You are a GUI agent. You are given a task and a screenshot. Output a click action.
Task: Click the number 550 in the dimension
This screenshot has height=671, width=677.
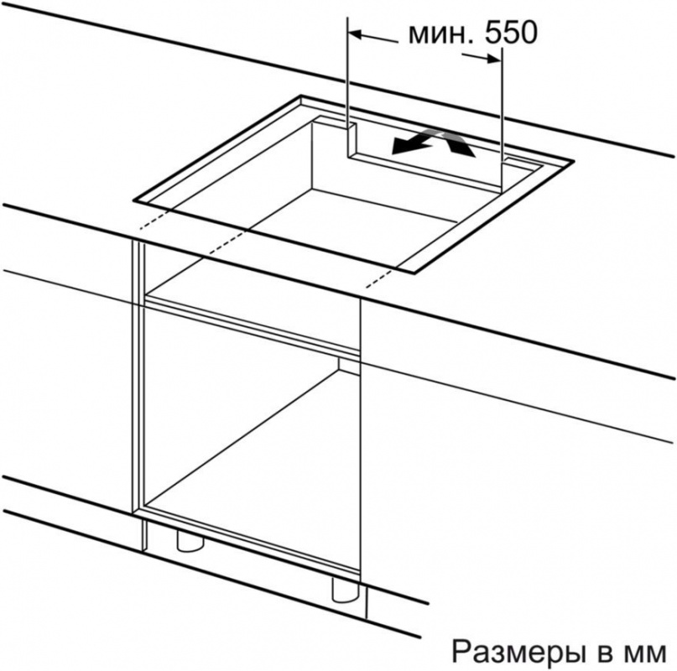(510, 34)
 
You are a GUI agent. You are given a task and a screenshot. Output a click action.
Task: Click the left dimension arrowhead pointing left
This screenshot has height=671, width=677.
(355, 34)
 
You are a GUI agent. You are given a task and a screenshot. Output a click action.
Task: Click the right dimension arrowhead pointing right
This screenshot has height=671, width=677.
(494, 59)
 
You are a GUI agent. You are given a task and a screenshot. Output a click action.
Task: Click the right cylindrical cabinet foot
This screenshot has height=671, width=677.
(344, 590)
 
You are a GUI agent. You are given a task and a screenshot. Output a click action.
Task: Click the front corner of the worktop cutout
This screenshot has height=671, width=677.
(414, 273)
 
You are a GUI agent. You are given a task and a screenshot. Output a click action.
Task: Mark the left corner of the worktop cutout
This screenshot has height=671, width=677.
(133, 200)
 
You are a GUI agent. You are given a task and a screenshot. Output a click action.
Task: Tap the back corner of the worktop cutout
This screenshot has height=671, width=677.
(301, 96)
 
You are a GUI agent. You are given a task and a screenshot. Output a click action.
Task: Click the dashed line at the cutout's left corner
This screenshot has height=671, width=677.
(154, 221)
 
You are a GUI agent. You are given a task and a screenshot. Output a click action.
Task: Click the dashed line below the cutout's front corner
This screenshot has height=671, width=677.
(379, 278)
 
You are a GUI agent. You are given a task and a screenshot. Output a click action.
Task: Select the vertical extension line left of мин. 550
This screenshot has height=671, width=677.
(347, 86)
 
